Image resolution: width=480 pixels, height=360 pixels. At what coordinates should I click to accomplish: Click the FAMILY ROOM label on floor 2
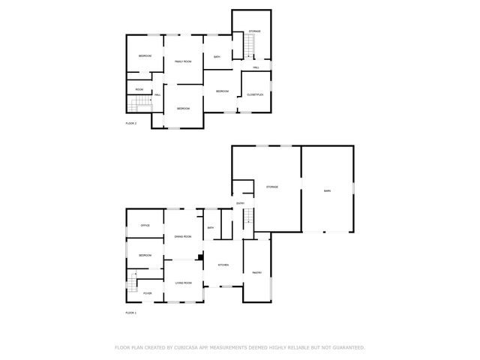point(184,61)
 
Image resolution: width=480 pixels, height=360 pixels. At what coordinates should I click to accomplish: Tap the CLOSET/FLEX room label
point(255,94)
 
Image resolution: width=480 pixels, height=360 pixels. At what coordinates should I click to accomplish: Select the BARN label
point(327,191)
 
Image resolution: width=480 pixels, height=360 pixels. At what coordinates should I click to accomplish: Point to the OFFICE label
point(145,225)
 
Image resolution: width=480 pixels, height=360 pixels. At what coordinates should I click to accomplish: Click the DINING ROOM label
point(183,237)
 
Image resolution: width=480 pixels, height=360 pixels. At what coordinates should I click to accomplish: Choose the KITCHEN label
point(223,265)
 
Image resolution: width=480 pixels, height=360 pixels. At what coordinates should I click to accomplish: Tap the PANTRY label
point(256,272)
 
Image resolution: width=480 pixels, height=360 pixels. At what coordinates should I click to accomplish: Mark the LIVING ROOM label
point(184,283)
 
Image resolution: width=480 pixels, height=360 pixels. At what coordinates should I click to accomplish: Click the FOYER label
point(148,293)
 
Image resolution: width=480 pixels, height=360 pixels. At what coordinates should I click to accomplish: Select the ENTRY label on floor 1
point(241,203)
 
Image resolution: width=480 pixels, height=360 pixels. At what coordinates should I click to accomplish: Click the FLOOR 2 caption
point(130,123)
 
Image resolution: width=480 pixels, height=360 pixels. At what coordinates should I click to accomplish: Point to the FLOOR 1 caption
point(130,312)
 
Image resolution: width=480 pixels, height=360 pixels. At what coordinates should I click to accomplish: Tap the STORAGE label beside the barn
point(271,186)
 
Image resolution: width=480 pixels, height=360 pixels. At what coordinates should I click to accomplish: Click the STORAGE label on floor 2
point(255,31)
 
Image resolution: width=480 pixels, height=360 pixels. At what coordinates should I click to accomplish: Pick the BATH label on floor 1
point(211,228)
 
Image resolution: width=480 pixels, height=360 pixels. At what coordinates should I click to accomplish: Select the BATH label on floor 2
point(217,58)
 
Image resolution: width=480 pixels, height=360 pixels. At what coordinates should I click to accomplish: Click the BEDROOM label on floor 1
point(145,256)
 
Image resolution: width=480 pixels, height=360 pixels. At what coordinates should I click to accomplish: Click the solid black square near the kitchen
point(200,259)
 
